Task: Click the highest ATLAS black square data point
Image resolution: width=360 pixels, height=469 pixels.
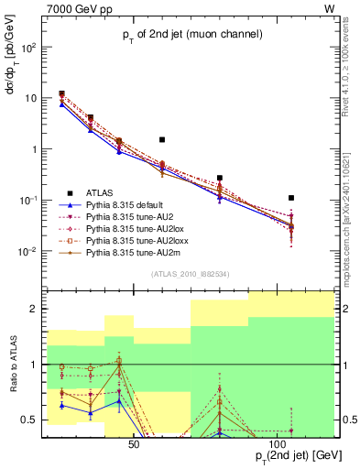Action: (x=61, y=93)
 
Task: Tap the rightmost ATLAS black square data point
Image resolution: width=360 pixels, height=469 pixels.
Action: (x=290, y=198)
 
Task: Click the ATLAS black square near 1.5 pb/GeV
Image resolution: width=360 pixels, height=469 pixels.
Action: (x=162, y=140)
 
